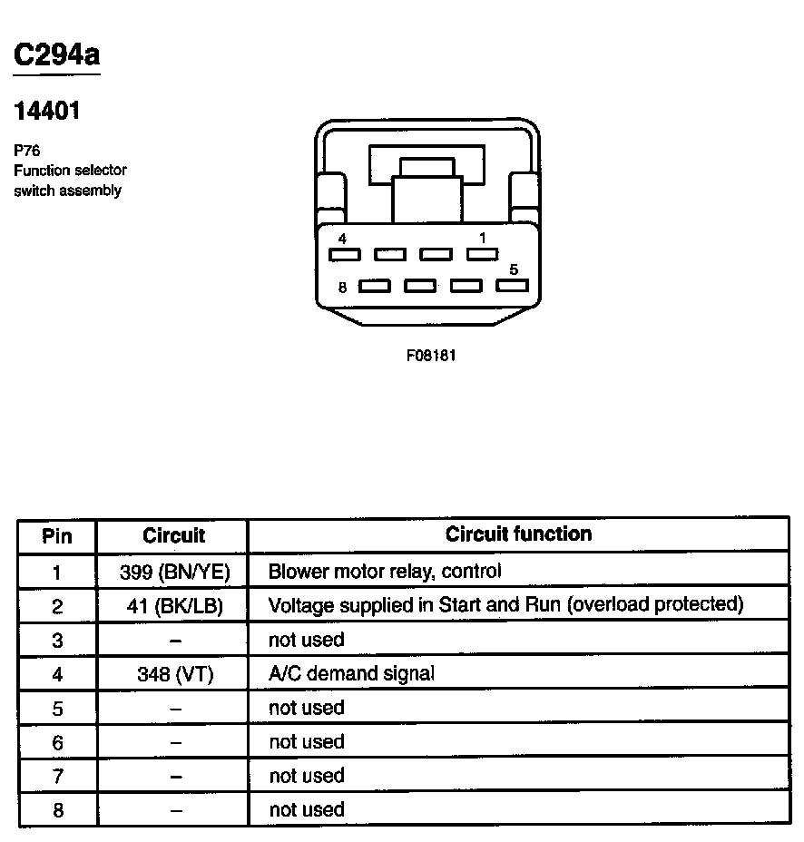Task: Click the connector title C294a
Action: [56, 55]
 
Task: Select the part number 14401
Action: [47, 112]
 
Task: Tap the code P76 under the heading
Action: [27, 152]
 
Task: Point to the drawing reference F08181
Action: [431, 355]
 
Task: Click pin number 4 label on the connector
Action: [341, 239]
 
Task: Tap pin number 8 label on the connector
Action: [342, 288]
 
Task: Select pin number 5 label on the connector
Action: [514, 269]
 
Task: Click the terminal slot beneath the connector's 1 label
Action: [482, 255]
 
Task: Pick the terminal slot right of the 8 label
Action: [375, 287]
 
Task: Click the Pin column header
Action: [56, 535]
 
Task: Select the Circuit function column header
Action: [518, 534]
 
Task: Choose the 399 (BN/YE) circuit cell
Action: [175, 572]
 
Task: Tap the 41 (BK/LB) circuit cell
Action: [175, 605]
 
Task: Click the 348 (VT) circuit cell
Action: [175, 674]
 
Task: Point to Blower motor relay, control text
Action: [385, 572]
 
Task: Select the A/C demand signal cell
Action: [351, 673]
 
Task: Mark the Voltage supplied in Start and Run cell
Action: [505, 604]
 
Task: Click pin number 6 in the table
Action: [57, 742]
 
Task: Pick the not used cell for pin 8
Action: [307, 809]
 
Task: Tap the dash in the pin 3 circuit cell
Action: [175, 640]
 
